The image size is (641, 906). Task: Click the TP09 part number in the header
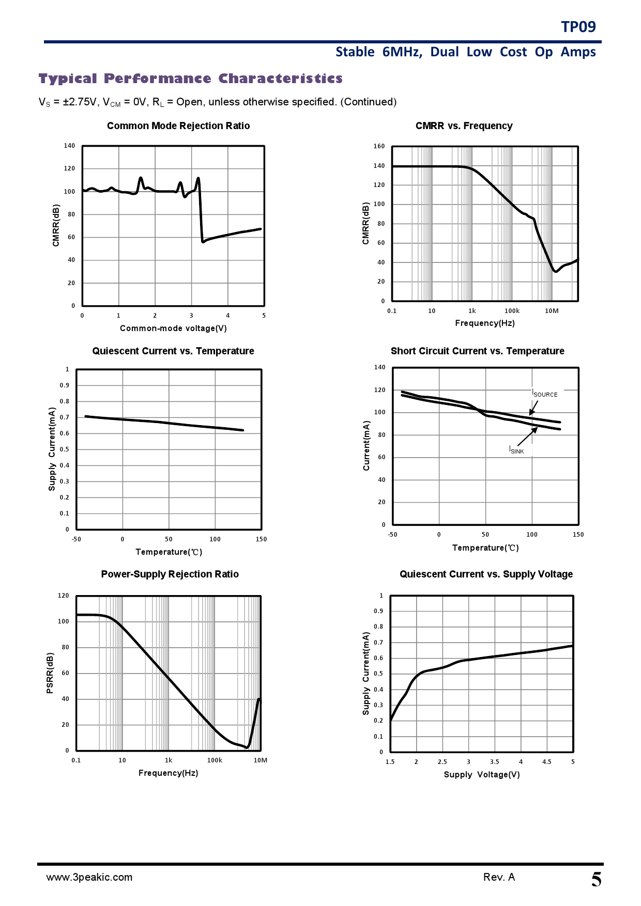[578, 27]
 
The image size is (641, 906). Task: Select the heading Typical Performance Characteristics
[190, 79]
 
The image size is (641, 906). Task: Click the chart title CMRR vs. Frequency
[464, 126]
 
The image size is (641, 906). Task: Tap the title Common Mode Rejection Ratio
[178, 126]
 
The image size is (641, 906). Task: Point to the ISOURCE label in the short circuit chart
[545, 394]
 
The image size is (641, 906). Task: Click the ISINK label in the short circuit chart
[516, 450]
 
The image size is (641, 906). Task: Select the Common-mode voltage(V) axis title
[173, 329]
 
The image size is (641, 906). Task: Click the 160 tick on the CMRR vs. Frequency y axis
[379, 146]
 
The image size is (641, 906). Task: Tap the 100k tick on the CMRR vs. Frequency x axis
[512, 311]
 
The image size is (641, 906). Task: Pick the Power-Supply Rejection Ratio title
[170, 574]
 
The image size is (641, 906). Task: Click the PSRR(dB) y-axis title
[50, 673]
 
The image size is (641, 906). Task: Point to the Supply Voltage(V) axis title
[482, 775]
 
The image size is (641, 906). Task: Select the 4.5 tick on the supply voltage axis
[546, 762]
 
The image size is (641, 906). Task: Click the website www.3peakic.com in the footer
[89, 877]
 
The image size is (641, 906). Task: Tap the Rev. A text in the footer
[499, 877]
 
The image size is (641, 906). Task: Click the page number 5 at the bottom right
[596, 880]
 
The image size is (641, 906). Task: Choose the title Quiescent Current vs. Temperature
[173, 351]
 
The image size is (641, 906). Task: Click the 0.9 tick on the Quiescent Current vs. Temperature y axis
[64, 385]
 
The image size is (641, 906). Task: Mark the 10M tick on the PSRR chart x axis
[260, 760]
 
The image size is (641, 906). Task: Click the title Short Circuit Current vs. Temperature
[477, 351]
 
